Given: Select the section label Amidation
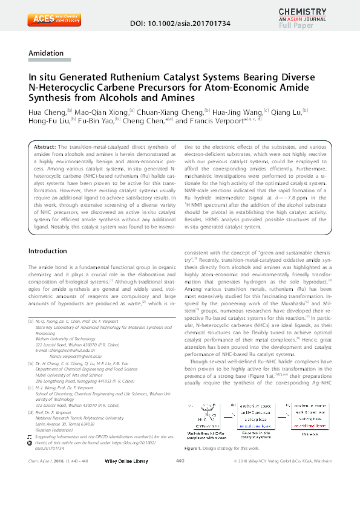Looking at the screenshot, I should coord(46,53).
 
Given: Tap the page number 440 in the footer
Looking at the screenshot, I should coord(180,495).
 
